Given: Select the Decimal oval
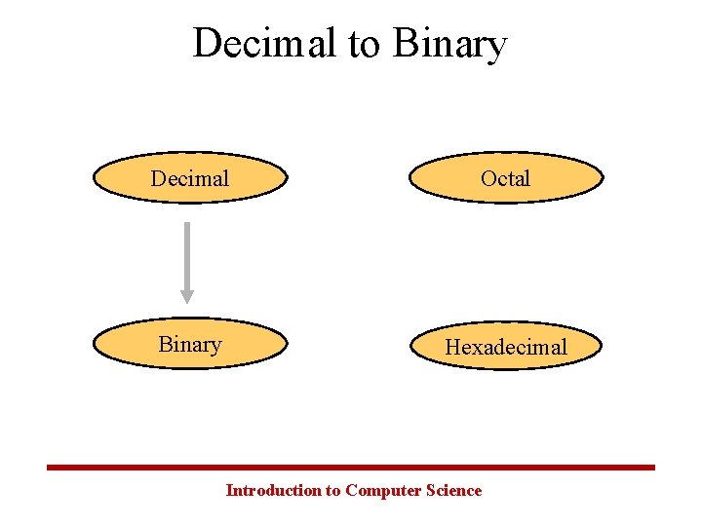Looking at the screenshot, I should tap(190, 178).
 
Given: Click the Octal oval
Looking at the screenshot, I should tap(506, 178).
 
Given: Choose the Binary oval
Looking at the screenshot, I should tap(190, 345).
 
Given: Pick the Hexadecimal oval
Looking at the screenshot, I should tap(506, 347).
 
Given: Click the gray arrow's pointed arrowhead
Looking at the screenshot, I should tap(187, 296).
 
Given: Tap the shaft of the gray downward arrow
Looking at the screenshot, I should tap(187, 253).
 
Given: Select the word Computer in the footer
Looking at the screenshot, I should tap(384, 491).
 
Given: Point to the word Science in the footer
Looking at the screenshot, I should tap(454, 490).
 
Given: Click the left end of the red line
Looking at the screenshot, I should tap(50, 468).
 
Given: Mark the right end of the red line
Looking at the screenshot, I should tap(652, 468).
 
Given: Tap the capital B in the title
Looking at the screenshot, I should tap(405, 44).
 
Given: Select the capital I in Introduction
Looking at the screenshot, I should tap(229, 490).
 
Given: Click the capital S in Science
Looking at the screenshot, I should tap(432, 490).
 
